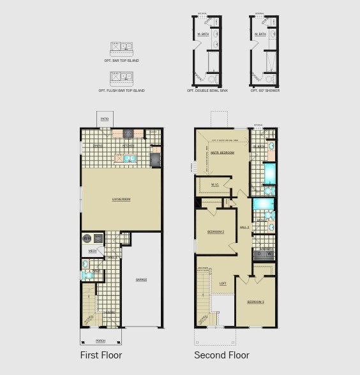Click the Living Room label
tap(121, 200)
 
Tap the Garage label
tap(141, 280)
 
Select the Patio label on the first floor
tap(105, 119)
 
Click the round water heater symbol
tap(86, 239)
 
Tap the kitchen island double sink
tap(130, 158)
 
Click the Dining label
tap(98, 146)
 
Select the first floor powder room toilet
tap(86, 276)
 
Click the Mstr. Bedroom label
tap(223, 153)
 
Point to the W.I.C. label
tap(215, 186)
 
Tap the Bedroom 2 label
tap(215, 232)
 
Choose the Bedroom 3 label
tap(256, 302)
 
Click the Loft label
tap(223, 284)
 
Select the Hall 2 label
tap(244, 227)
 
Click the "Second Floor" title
tap(221, 355)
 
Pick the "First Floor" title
tap(101, 355)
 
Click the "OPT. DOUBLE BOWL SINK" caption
tap(207, 91)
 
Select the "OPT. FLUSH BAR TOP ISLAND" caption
tap(121, 91)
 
